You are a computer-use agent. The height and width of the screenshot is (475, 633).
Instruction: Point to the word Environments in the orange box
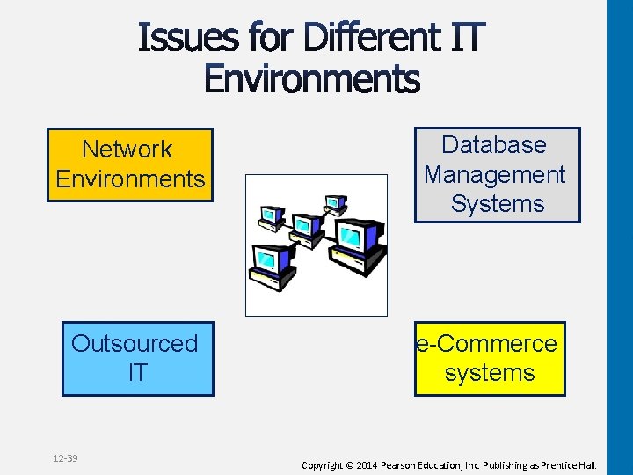point(130,179)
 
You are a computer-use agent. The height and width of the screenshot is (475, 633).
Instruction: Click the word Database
point(494,145)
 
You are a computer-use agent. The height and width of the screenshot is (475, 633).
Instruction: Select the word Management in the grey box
point(495,174)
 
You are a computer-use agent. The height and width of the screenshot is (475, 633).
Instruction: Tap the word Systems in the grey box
point(498,204)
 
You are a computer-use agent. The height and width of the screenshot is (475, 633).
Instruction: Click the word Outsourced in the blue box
point(135,343)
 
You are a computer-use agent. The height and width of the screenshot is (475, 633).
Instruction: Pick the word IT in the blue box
point(137,373)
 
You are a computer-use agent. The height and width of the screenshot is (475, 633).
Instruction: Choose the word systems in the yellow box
point(490,373)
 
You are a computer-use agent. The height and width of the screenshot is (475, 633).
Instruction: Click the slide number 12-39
point(65,458)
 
